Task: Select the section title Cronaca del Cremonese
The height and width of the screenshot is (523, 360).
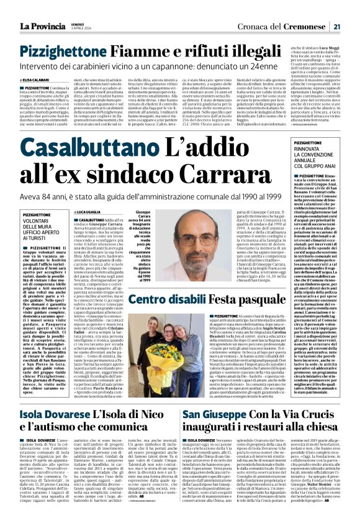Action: point(289,9)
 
